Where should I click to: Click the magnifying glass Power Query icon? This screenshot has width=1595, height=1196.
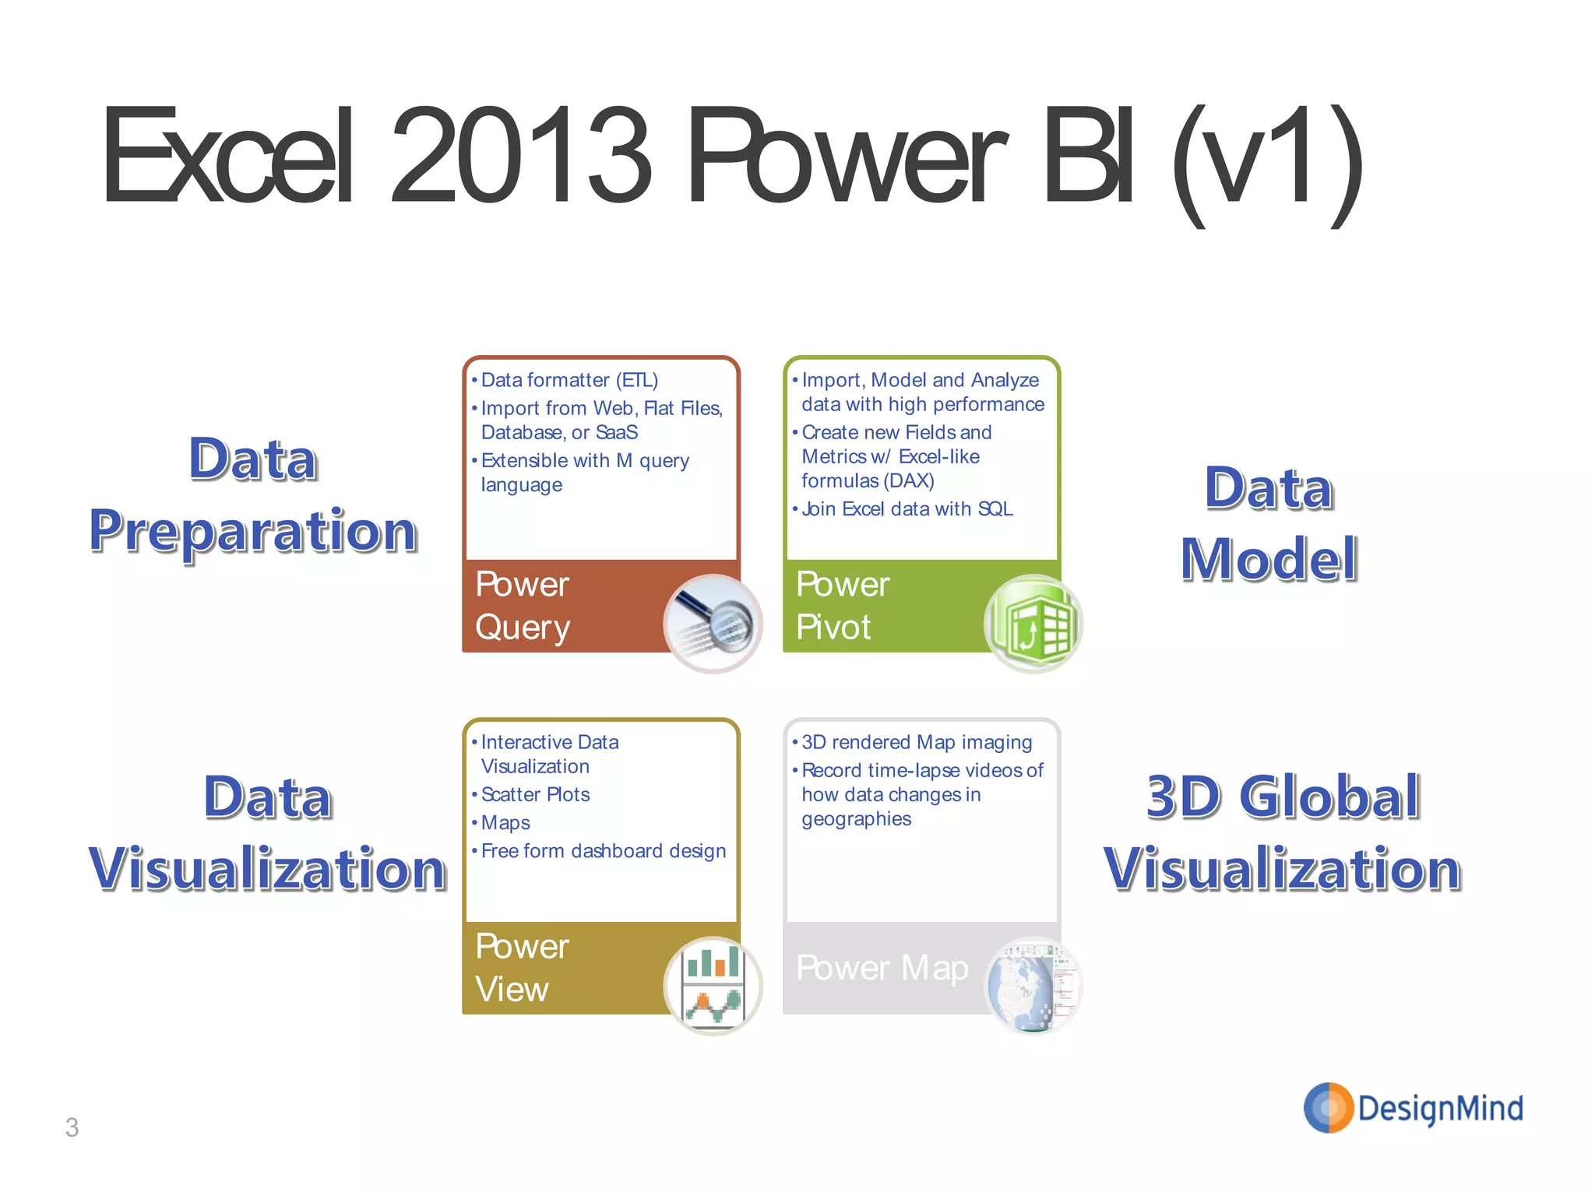coord(713,624)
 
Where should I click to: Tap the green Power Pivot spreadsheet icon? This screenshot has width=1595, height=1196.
coord(1033,624)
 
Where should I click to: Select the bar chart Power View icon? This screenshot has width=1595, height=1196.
coord(713,985)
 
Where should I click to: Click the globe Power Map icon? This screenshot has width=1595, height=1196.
coord(1033,985)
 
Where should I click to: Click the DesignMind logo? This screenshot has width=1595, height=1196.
coord(1414,1107)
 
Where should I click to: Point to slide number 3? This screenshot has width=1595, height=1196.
coord(72,1127)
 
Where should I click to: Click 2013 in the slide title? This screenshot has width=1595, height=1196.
coord(520,156)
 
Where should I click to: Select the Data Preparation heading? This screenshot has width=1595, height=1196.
coord(253,495)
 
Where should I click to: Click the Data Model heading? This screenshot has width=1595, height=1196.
coord(1269,523)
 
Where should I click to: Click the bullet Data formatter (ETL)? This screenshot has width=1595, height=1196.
coord(569,380)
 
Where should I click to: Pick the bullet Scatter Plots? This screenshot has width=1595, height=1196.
coord(536,794)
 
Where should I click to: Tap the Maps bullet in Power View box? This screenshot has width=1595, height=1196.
coord(505,822)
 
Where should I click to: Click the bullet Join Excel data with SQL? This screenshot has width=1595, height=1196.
coord(907,508)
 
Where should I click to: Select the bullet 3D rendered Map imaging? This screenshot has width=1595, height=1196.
coord(917,742)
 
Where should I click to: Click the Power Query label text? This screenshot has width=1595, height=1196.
coord(523,606)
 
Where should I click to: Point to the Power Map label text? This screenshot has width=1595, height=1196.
coord(882,968)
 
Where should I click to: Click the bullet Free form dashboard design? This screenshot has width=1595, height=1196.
coord(603,850)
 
